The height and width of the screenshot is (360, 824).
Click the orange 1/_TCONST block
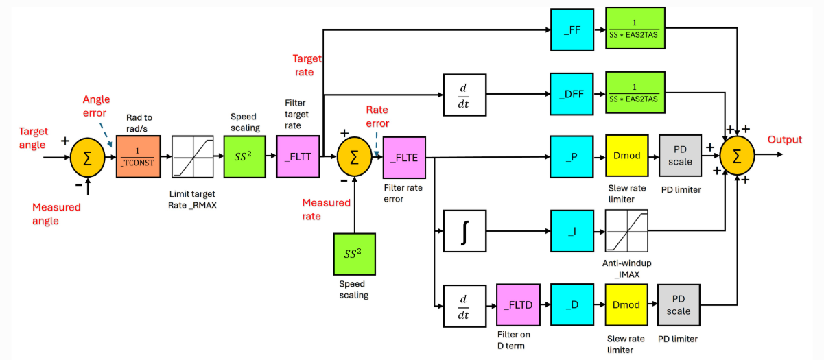click(139, 156)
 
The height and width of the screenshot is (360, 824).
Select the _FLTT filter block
click(298, 156)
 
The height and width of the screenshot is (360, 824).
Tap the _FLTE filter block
click(404, 158)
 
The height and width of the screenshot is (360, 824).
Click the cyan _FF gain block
click(572, 29)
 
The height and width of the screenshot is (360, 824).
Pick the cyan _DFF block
click(572, 94)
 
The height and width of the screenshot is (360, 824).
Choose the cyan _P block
click(572, 157)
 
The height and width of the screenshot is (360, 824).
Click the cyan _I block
click(572, 231)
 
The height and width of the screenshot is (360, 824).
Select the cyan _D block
click(572, 304)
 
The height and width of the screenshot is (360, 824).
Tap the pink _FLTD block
click(518, 305)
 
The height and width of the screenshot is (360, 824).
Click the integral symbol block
click(464, 231)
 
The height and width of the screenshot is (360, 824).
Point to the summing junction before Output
click(737, 156)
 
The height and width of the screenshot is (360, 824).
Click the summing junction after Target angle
click(88, 158)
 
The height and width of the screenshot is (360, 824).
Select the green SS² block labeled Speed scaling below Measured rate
click(354, 254)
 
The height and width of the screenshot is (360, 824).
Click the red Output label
click(785, 140)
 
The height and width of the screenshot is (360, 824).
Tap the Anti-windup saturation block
click(626, 231)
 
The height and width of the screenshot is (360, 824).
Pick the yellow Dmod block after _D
click(626, 305)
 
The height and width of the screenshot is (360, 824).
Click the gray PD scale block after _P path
click(680, 156)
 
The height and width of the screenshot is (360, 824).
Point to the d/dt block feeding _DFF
click(464, 95)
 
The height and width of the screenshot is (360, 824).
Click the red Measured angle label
click(56, 214)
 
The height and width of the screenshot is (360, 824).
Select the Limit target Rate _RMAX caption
click(192, 200)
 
